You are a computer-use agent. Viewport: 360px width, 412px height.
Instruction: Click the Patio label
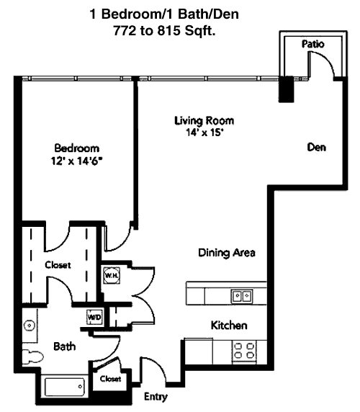pyautogui.click(x=312, y=44)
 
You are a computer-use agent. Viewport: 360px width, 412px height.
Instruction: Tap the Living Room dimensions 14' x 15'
pyautogui.click(x=204, y=133)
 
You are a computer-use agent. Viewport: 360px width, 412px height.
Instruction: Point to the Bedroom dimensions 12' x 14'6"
pyautogui.click(x=76, y=161)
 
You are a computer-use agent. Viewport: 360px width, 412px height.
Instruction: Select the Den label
pyautogui.click(x=316, y=147)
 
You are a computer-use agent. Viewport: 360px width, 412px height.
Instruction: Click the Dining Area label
pyautogui.click(x=227, y=253)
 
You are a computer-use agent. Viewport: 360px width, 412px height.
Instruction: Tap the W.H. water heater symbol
pyautogui.click(x=112, y=275)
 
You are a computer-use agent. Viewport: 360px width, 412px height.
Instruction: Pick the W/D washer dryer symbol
pyautogui.click(x=94, y=317)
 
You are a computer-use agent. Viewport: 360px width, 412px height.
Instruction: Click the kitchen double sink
pyautogui.click(x=242, y=296)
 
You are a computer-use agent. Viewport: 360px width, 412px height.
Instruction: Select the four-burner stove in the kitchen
pyautogui.click(x=244, y=351)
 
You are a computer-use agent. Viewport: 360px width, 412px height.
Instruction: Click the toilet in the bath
pyautogui.click(x=33, y=357)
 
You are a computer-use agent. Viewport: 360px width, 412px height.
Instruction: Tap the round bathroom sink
pyautogui.click(x=29, y=326)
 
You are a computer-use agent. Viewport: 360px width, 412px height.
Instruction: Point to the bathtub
pyautogui.click(x=65, y=387)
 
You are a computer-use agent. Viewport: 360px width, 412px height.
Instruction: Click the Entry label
pyautogui.click(x=156, y=396)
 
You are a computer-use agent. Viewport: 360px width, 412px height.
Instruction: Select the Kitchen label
pyautogui.click(x=229, y=326)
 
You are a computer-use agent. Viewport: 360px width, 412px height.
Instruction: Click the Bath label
pyautogui.click(x=65, y=346)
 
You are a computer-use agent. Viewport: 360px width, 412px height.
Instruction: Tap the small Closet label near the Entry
pyautogui.click(x=110, y=379)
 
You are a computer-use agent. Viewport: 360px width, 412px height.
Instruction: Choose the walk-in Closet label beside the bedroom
pyautogui.click(x=58, y=264)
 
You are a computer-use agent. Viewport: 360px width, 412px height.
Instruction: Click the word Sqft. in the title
pyautogui.click(x=200, y=31)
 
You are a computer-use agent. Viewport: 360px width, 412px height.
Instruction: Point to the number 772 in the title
pyautogui.click(x=125, y=30)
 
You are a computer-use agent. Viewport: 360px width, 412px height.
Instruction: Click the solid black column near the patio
pyautogui.click(x=286, y=89)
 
